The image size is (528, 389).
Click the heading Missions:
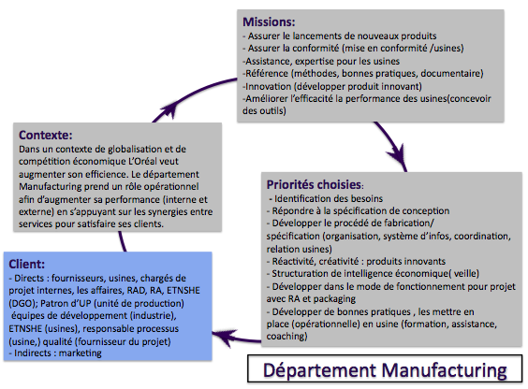pyautogui.click(x=269, y=22)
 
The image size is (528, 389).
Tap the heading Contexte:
pyautogui.click(x=46, y=135)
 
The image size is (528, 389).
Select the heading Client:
pyautogui.click(x=26, y=264)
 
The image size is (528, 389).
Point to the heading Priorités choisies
pyautogui.click(x=314, y=184)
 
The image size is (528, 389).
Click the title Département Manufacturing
pyautogui.click(x=385, y=370)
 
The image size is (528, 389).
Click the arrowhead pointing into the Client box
pyautogui.click(x=222, y=337)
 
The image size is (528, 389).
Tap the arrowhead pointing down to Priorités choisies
pyautogui.click(x=398, y=155)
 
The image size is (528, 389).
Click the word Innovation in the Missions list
pyautogui.click(x=269, y=86)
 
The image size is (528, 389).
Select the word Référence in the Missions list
pyautogui.click(x=267, y=73)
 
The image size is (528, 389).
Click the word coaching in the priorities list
pyautogui.click(x=286, y=337)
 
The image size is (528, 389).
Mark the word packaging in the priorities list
pyautogui.click(x=334, y=299)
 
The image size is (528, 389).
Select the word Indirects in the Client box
pyautogui.click(x=31, y=353)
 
